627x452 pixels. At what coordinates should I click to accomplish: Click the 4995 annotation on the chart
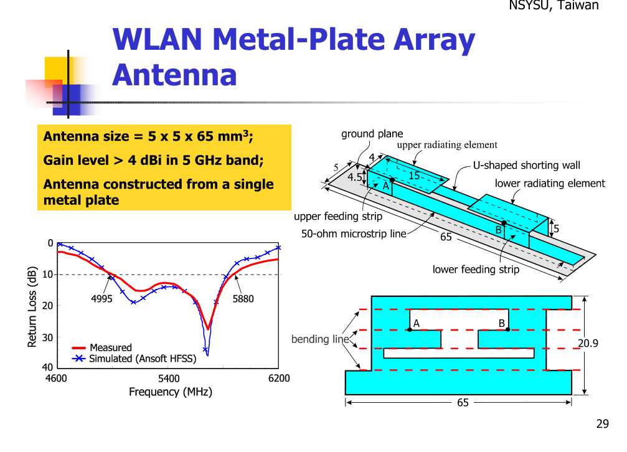(101, 299)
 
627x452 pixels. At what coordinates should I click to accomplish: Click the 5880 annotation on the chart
(243, 299)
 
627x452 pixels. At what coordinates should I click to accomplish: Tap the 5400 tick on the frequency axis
(169, 379)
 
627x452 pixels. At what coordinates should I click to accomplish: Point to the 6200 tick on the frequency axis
(279, 379)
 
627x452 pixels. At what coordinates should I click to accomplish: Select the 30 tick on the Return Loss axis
(47, 337)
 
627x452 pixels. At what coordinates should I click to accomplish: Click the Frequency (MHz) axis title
(171, 392)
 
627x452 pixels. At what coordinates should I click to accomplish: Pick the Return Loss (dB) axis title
(32, 307)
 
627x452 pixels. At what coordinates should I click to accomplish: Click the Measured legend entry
(111, 347)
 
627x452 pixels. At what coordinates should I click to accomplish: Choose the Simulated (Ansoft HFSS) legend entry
(143, 359)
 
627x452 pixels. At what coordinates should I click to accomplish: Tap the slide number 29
(603, 423)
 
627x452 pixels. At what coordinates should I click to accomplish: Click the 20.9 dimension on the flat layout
(588, 343)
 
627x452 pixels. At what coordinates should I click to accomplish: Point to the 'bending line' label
(320, 339)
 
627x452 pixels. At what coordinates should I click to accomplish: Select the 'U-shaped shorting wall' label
(526, 165)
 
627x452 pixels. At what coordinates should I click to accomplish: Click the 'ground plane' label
(372, 134)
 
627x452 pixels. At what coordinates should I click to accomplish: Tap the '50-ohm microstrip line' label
(354, 233)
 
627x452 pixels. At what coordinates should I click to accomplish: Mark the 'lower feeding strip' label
(476, 269)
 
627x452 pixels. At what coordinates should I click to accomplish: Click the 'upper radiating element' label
(447, 145)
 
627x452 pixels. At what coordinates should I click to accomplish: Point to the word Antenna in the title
(175, 75)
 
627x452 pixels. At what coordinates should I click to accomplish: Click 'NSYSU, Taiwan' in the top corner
(554, 5)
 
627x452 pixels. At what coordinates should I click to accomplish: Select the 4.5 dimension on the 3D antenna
(354, 177)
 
